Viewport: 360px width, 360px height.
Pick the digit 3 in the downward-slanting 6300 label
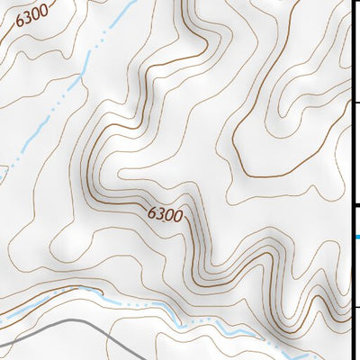(159, 212)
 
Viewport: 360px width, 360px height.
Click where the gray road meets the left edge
(1, 343)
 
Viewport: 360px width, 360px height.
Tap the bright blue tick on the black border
(356, 237)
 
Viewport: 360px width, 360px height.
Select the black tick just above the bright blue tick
(356, 206)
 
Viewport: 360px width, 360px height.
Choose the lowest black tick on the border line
(356, 307)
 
